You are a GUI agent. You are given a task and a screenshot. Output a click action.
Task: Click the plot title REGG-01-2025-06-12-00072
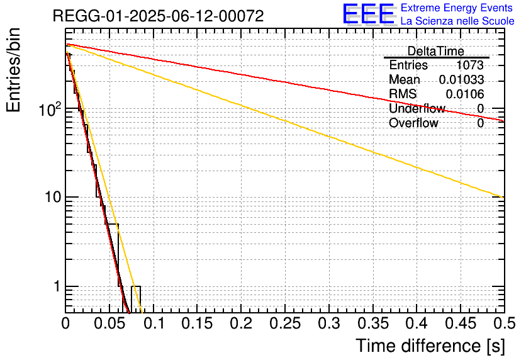[158, 16]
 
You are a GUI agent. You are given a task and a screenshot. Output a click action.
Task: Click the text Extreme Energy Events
[457, 8]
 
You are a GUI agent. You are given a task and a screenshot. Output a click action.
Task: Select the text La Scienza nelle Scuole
[457, 21]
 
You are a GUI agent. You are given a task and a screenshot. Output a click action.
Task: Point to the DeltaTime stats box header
[435, 51]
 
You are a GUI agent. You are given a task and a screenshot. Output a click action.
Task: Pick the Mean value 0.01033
[461, 80]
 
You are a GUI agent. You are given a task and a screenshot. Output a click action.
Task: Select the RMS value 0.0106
[464, 94]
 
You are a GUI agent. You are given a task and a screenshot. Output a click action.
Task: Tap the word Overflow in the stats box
[413, 123]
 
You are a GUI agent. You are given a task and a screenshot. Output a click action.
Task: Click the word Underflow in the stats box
[417, 109]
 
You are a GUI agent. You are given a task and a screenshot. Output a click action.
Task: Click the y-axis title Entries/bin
[13, 71]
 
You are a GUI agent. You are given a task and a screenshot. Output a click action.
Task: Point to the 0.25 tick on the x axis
[285, 323]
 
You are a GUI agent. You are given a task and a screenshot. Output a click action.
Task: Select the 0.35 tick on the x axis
[372, 323]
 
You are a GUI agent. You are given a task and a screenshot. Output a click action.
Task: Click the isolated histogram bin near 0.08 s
[136, 298]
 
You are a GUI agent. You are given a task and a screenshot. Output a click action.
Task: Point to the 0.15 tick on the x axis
[197, 323]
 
